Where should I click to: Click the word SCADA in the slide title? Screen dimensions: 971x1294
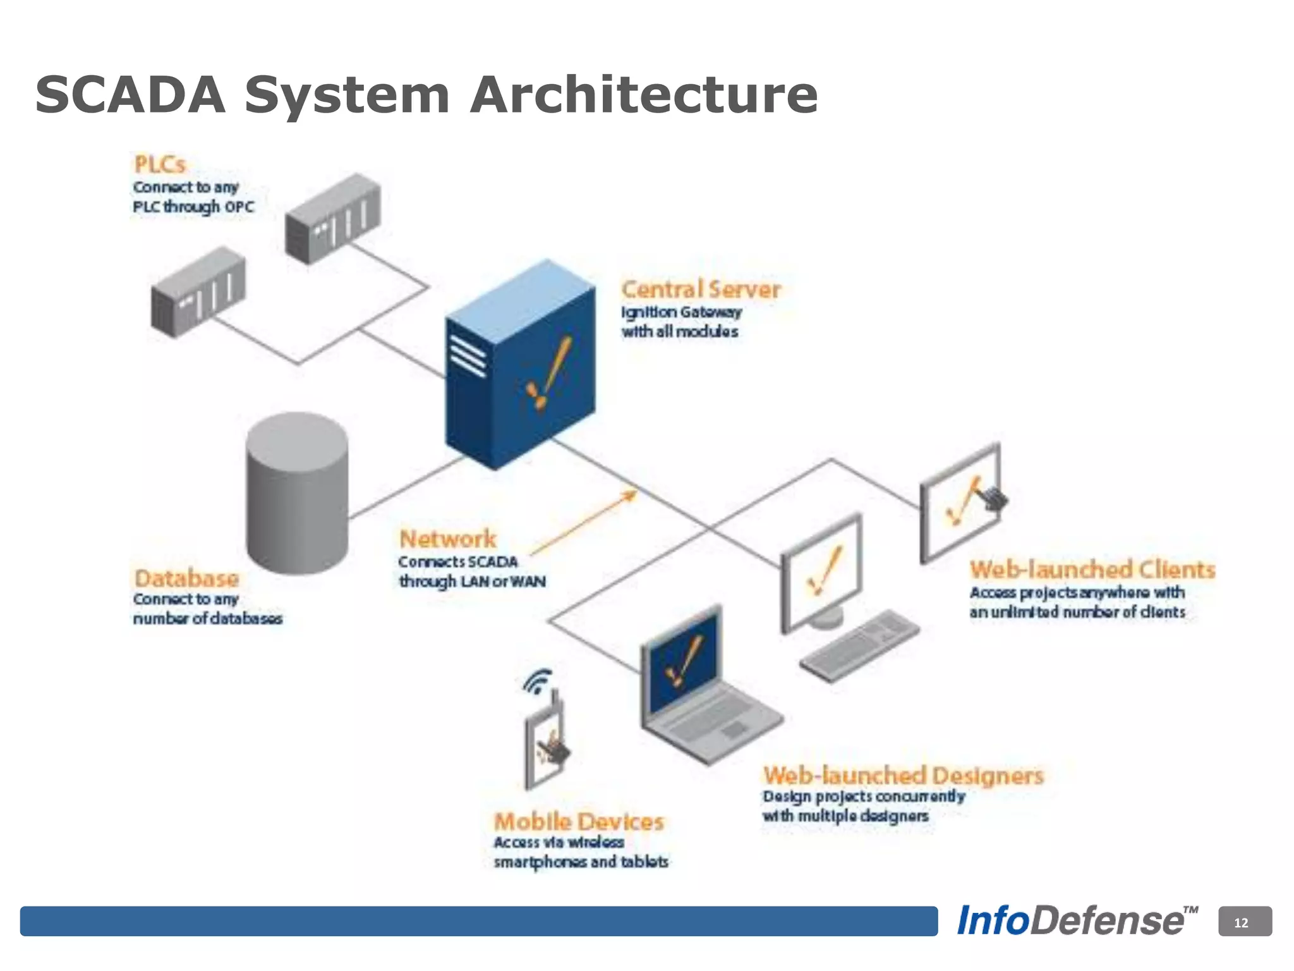pyautogui.click(x=130, y=95)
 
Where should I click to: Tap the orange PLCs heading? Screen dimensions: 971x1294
pyautogui.click(x=160, y=164)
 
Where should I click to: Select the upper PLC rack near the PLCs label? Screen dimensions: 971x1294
pyautogui.click(x=333, y=219)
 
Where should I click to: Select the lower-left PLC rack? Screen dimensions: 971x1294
pyautogui.click(x=198, y=292)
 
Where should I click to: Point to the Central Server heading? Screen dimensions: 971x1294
pyautogui.click(x=701, y=290)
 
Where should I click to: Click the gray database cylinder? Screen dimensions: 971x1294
pyautogui.click(x=297, y=493)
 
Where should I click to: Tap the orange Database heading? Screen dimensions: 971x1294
pyautogui.click(x=186, y=578)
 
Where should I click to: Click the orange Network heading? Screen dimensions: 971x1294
pyautogui.click(x=448, y=539)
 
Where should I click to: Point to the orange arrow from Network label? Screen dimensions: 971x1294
pyautogui.click(x=584, y=522)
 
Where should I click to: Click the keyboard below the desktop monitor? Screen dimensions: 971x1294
pyautogui.click(x=859, y=645)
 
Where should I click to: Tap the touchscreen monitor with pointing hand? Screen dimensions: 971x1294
pyautogui.click(x=960, y=503)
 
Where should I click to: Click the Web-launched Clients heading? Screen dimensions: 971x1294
pyautogui.click(x=1092, y=570)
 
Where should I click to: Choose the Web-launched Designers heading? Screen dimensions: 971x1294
pyautogui.click(x=904, y=775)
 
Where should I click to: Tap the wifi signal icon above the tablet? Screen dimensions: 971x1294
pyautogui.click(x=538, y=681)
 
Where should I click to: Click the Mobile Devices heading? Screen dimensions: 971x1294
pyautogui.click(x=579, y=822)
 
